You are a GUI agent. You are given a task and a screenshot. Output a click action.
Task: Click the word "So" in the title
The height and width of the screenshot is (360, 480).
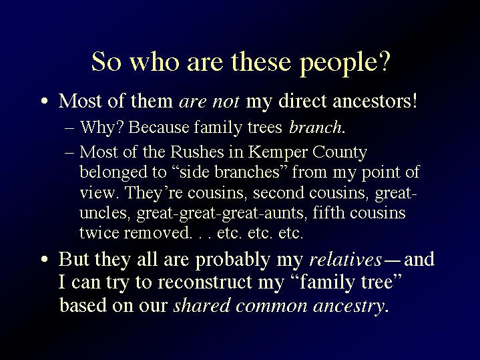(x=106, y=61)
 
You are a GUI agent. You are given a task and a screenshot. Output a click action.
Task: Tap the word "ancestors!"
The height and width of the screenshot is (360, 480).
(x=375, y=101)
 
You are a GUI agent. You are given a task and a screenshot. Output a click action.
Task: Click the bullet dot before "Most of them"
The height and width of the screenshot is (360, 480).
(x=45, y=102)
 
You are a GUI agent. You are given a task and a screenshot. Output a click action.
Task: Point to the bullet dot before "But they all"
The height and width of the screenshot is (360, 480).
(x=45, y=260)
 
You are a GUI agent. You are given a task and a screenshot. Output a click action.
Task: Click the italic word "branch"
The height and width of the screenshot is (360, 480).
(x=315, y=127)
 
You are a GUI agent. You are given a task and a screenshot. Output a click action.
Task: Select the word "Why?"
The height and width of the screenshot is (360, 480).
(x=101, y=127)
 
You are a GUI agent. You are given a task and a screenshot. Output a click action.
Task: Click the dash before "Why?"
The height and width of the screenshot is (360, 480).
(x=69, y=128)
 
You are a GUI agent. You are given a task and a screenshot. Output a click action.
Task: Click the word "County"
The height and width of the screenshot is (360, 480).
(x=340, y=152)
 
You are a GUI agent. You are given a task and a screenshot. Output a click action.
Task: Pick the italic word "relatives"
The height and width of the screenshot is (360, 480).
(x=346, y=259)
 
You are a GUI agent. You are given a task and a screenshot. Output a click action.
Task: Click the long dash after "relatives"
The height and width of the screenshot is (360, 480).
(x=392, y=260)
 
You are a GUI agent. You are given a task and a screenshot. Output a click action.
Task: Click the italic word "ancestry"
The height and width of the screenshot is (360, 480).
(x=348, y=307)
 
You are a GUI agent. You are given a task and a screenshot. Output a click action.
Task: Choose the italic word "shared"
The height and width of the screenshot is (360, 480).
(x=202, y=305)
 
